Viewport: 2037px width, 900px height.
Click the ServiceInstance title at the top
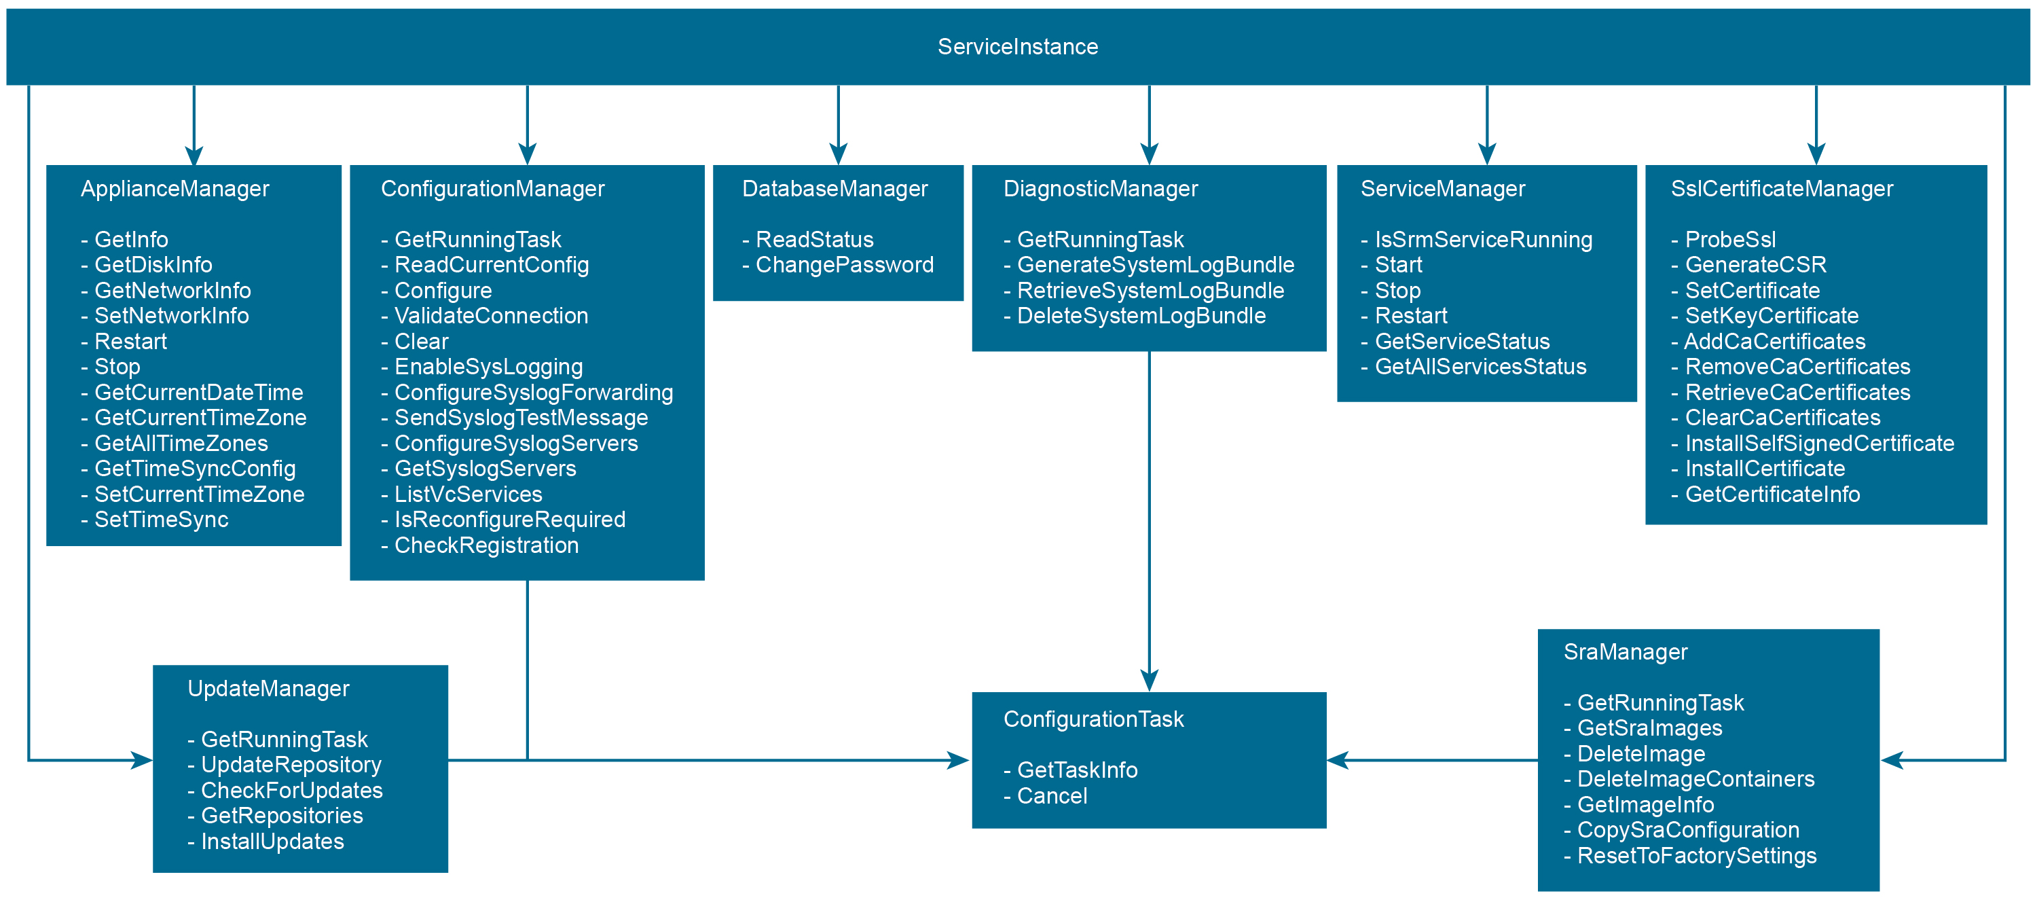[x=1018, y=47]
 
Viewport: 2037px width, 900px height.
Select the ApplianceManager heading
[x=175, y=189]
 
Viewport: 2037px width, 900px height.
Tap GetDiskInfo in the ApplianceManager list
[x=153, y=265]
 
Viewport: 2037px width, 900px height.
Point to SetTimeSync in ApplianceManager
[x=162, y=520]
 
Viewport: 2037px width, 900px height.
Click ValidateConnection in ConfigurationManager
[x=491, y=316]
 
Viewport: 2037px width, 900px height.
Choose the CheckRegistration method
[x=486, y=545]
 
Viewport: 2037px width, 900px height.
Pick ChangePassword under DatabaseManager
[x=845, y=265]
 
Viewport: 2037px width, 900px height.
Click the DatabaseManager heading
[x=834, y=189]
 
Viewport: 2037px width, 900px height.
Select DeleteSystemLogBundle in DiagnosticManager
[x=1141, y=316]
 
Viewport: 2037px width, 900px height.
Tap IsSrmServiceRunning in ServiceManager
[x=1484, y=240]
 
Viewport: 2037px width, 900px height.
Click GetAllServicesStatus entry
[x=1480, y=367]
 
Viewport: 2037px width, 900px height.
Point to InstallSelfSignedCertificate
[x=1820, y=444]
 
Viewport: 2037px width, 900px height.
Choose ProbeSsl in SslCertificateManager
[x=1730, y=240]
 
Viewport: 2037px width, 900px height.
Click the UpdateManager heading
[x=268, y=689]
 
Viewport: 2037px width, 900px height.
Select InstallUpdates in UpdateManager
[x=272, y=842]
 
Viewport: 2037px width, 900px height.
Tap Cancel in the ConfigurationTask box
[x=1052, y=795]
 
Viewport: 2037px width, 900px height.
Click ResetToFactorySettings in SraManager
[x=1697, y=856]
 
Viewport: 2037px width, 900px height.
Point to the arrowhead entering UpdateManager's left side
[x=143, y=760]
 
